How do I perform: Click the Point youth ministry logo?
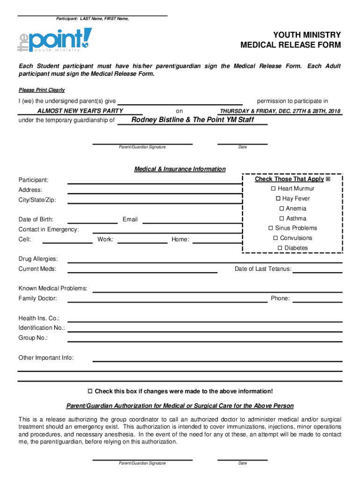pos(55,40)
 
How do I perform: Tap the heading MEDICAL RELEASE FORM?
pos(290,45)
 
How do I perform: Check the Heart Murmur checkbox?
pos(274,189)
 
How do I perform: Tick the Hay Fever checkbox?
pos(278,199)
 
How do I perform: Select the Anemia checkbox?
pos(281,209)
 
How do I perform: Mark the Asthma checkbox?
pos(281,218)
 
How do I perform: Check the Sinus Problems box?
pos(271,228)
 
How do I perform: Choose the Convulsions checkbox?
pos(276,238)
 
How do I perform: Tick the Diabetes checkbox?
pos(280,248)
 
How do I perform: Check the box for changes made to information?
pos(91,391)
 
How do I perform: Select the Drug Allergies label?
pos(38,259)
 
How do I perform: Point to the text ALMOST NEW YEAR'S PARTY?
pos(80,111)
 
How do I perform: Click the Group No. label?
pos(33,338)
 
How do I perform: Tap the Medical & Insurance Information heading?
pos(180,169)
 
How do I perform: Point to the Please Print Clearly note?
pos(42,90)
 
